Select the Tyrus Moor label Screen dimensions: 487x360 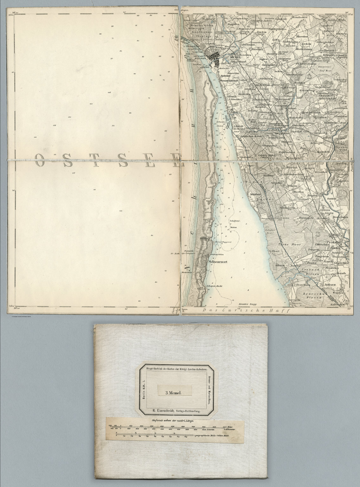coord(284,245)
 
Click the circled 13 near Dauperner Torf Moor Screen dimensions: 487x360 coord(310,76)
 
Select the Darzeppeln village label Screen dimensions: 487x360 coord(306,218)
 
